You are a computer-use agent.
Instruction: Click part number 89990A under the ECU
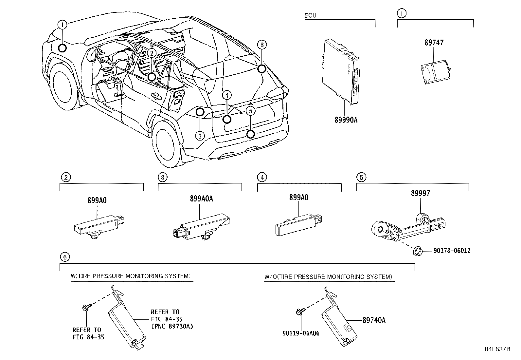tap(346, 120)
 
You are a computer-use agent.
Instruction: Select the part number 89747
tap(434, 43)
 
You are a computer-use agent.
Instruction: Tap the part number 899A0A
tap(201, 199)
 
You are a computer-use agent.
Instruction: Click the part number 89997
tap(421, 193)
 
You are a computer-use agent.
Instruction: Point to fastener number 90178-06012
tap(452, 251)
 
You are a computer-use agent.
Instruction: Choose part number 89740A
tap(374, 320)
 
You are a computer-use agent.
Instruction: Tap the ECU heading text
tap(311, 15)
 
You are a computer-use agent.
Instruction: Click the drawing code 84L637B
tap(497, 349)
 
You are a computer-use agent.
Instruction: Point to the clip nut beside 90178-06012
tap(417, 252)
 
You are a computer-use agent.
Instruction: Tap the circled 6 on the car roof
tap(261, 45)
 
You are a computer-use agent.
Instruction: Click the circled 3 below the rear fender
tap(200, 135)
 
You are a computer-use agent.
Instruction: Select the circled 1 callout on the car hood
tap(63, 24)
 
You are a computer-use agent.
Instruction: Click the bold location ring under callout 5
tap(250, 134)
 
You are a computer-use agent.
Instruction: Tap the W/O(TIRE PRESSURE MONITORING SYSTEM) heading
tap(328, 277)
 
